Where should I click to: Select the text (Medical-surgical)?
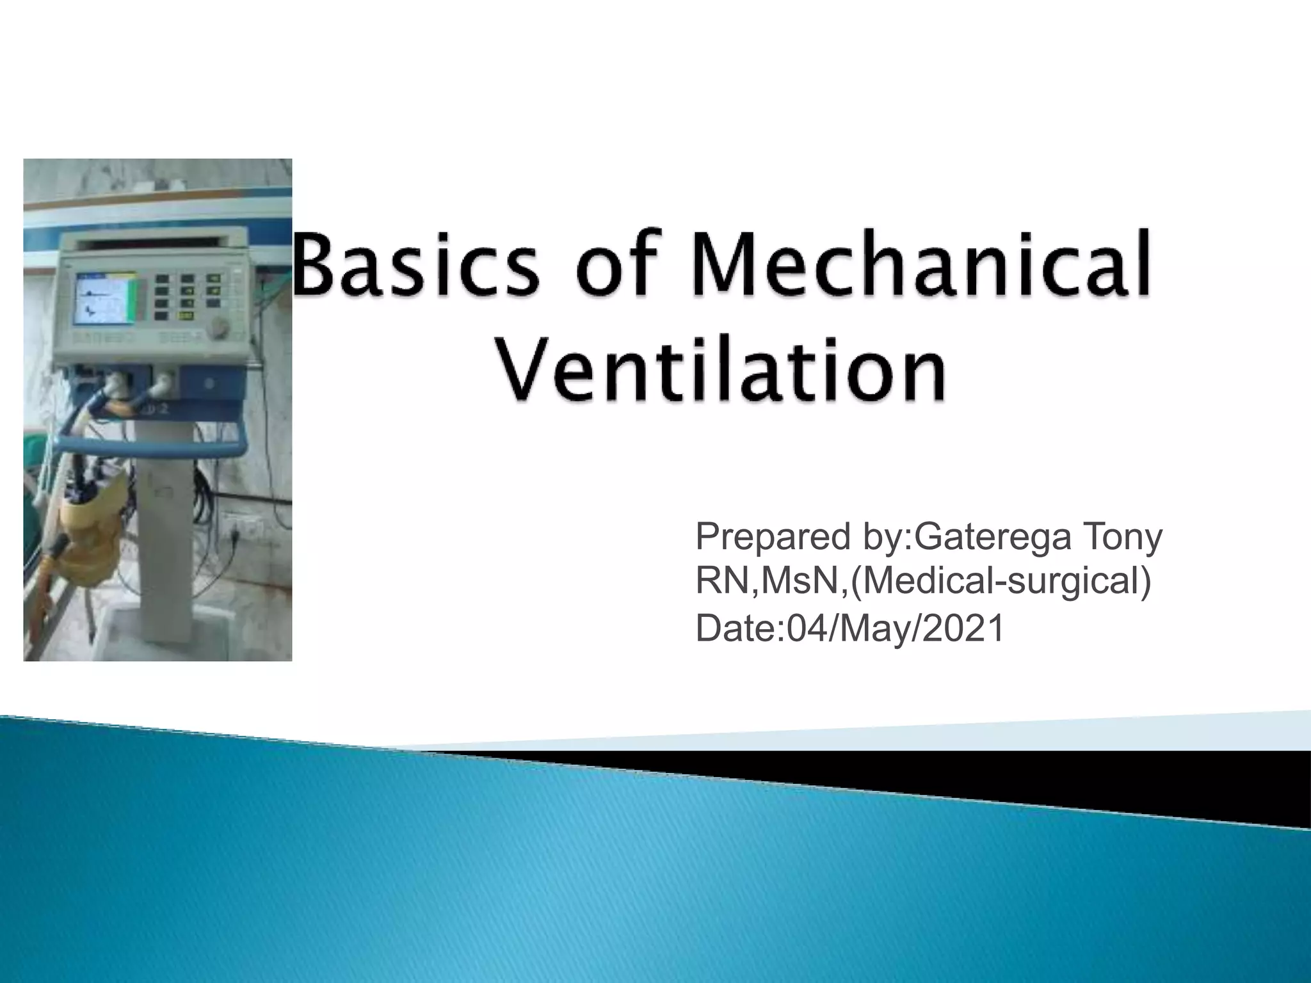click(x=1001, y=580)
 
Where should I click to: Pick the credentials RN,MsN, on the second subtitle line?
click(x=771, y=580)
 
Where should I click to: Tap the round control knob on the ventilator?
click(x=220, y=327)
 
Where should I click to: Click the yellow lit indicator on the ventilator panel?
click(x=188, y=315)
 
